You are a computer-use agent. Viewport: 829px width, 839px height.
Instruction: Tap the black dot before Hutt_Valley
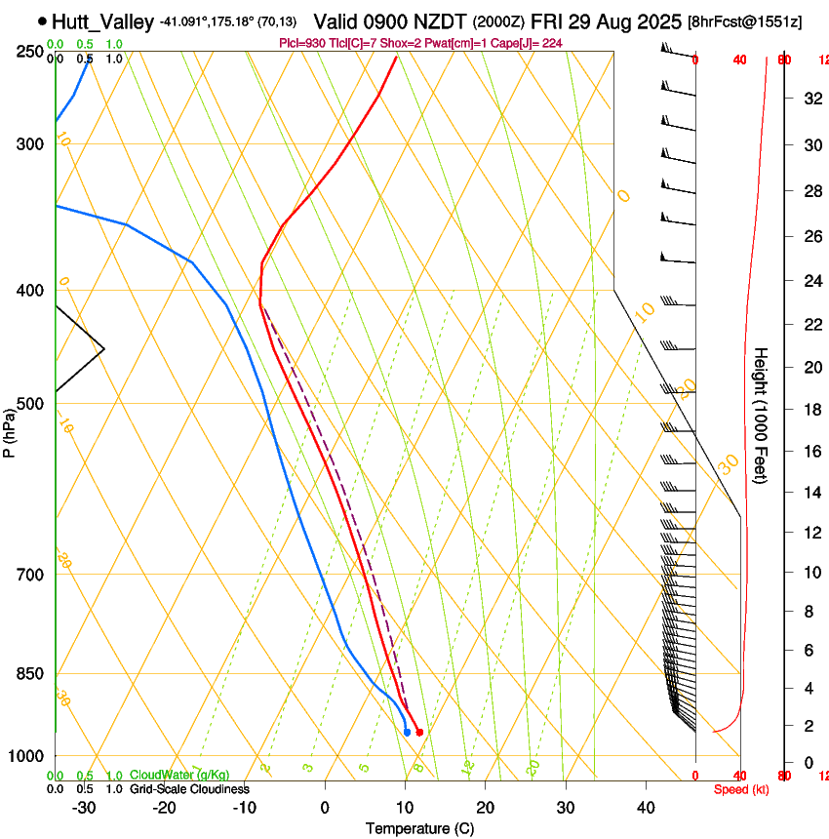point(42,20)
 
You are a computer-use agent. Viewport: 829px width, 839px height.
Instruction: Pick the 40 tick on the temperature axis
point(645,807)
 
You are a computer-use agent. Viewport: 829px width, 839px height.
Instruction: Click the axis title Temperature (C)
point(419,828)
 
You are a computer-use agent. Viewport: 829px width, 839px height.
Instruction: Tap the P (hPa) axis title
point(10,429)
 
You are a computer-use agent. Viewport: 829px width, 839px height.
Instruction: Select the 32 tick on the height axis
point(810,99)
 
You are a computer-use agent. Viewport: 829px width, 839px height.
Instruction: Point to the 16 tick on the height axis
point(810,452)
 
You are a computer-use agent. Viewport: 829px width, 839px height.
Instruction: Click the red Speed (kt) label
point(741,789)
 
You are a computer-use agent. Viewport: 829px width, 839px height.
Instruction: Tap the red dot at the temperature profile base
point(419,732)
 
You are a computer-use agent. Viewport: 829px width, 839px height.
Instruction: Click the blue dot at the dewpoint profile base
point(407,732)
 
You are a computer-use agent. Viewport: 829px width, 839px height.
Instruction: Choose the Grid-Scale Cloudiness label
point(189,789)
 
